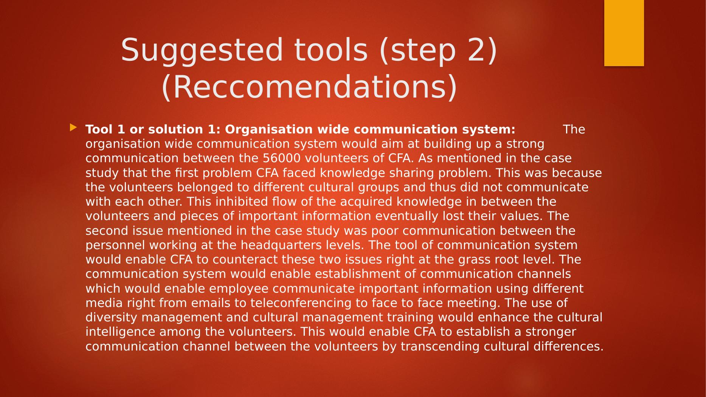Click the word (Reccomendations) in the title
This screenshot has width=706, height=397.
(x=309, y=87)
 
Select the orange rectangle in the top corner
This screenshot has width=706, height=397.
(x=624, y=33)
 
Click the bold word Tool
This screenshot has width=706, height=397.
(x=99, y=129)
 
